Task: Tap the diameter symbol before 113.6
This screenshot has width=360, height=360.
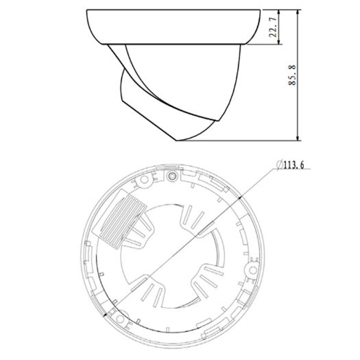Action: [278, 163]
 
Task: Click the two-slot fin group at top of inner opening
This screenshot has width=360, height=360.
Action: [190, 223]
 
